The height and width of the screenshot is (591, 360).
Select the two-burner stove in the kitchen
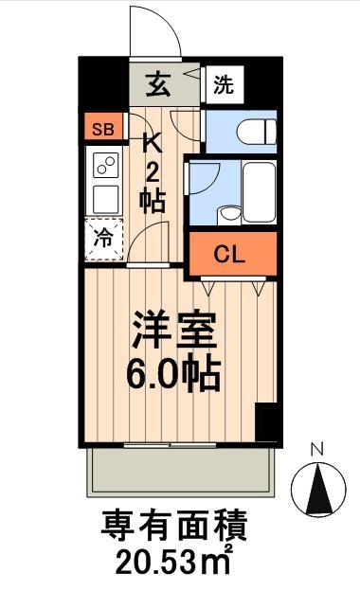104,167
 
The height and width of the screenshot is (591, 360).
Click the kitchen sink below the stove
104,200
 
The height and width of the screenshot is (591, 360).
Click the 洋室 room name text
175,332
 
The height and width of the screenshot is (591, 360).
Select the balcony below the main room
181,468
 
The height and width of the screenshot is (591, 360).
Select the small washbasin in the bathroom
227,213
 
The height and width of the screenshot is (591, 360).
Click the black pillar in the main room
267,421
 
